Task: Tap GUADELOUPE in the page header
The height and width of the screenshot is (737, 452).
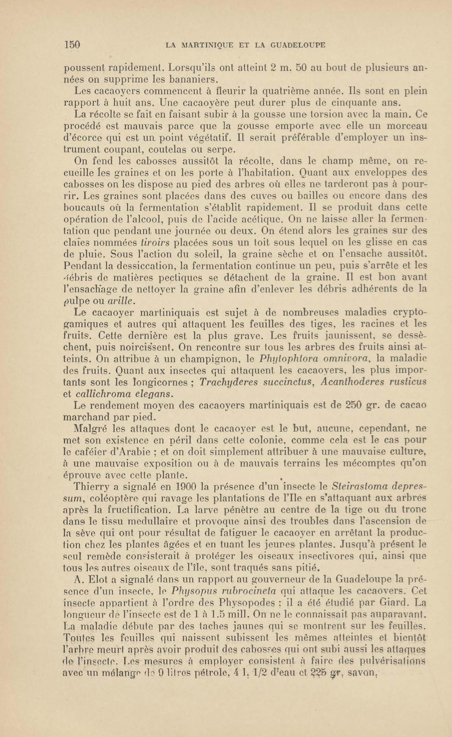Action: [297, 45]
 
